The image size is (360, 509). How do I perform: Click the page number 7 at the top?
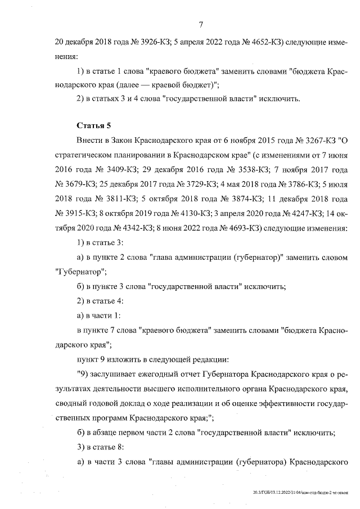(x=201, y=24)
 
